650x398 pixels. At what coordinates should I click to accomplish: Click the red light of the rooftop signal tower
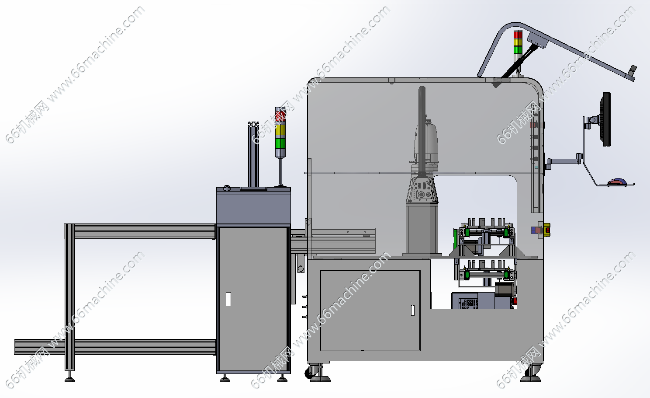pyautogui.click(x=518, y=34)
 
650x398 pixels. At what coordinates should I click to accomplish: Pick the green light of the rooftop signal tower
pyautogui.click(x=518, y=50)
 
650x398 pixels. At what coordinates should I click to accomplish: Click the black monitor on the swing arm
pyautogui.click(x=606, y=119)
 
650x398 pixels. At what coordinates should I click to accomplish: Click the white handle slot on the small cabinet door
pyautogui.click(x=228, y=299)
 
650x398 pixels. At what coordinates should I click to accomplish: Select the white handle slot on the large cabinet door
pyautogui.click(x=413, y=310)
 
